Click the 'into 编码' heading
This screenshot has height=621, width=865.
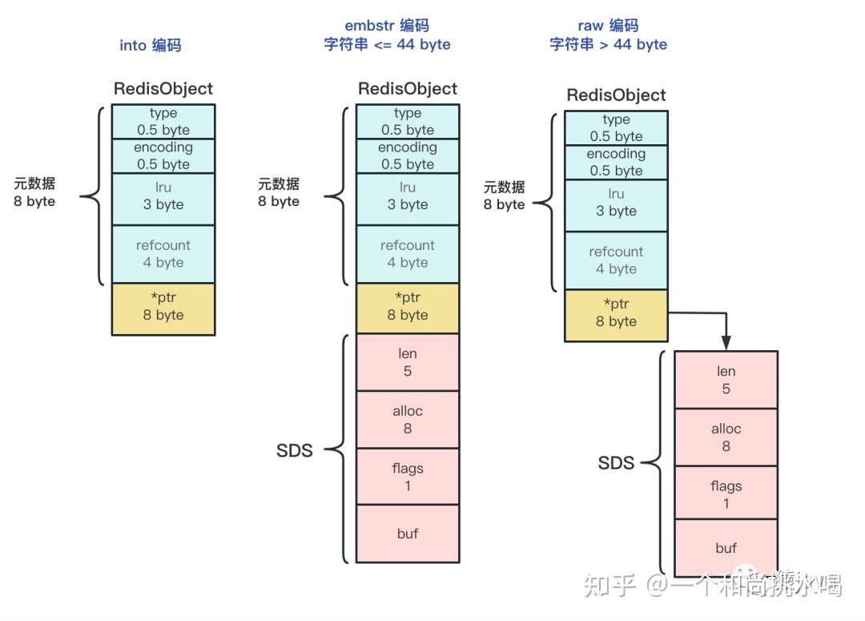(x=151, y=45)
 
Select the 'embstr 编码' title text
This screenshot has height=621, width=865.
(x=387, y=26)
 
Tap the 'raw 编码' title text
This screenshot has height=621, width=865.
(x=608, y=26)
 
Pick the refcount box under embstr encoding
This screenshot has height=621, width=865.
(x=408, y=254)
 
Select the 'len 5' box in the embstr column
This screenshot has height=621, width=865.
(x=408, y=362)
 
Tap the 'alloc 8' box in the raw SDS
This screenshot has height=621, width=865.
(x=726, y=437)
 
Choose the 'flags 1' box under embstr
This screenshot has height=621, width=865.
(x=408, y=477)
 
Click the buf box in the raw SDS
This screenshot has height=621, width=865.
(x=726, y=548)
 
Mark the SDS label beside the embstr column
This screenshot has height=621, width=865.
(x=294, y=450)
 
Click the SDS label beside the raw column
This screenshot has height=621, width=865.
(x=616, y=463)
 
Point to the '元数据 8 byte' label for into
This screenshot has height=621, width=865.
(x=34, y=192)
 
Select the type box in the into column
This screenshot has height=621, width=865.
(x=163, y=121)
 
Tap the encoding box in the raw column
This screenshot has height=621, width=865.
(x=616, y=162)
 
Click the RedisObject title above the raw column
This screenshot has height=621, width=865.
(x=616, y=95)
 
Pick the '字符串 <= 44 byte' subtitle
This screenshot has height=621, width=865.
(x=387, y=45)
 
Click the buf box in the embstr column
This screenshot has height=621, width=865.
(x=408, y=534)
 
